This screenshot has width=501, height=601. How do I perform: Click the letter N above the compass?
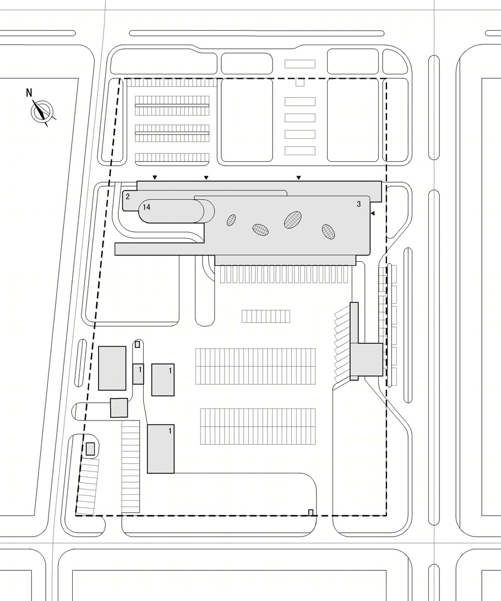pyautogui.click(x=29, y=92)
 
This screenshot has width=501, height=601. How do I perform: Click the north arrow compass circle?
pyautogui.click(x=41, y=111)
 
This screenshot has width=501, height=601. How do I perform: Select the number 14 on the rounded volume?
pyautogui.click(x=146, y=207)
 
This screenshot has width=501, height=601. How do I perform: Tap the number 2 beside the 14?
pyautogui.click(x=128, y=196)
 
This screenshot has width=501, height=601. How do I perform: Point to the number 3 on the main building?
pyautogui.click(x=359, y=204)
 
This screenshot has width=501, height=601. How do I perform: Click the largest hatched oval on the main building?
pyautogui.click(x=293, y=219)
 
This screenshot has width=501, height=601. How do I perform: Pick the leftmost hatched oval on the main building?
pyautogui.click(x=231, y=220)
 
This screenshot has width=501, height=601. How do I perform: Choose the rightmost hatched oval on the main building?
pyautogui.click(x=328, y=232)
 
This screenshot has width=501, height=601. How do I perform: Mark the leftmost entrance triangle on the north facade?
pyautogui.click(x=155, y=177)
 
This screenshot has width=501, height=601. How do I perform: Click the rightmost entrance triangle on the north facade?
pyautogui.click(x=298, y=177)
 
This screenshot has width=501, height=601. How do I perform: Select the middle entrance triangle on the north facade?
pyautogui.click(x=206, y=177)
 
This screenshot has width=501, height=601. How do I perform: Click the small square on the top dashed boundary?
pyautogui.click(x=299, y=82)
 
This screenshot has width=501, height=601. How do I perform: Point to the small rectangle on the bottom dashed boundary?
pyautogui.click(x=311, y=512)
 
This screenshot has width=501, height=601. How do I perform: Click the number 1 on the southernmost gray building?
pyautogui.click(x=170, y=431)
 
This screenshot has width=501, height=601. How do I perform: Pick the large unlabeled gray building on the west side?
pyautogui.click(x=112, y=368)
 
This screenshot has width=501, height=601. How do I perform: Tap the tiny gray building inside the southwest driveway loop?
pyautogui.click(x=90, y=449)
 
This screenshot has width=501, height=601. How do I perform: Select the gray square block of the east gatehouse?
pyautogui.click(x=367, y=359)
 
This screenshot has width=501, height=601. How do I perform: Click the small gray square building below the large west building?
pyautogui.click(x=119, y=408)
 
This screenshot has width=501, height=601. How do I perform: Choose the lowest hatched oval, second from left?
pyautogui.click(x=260, y=230)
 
